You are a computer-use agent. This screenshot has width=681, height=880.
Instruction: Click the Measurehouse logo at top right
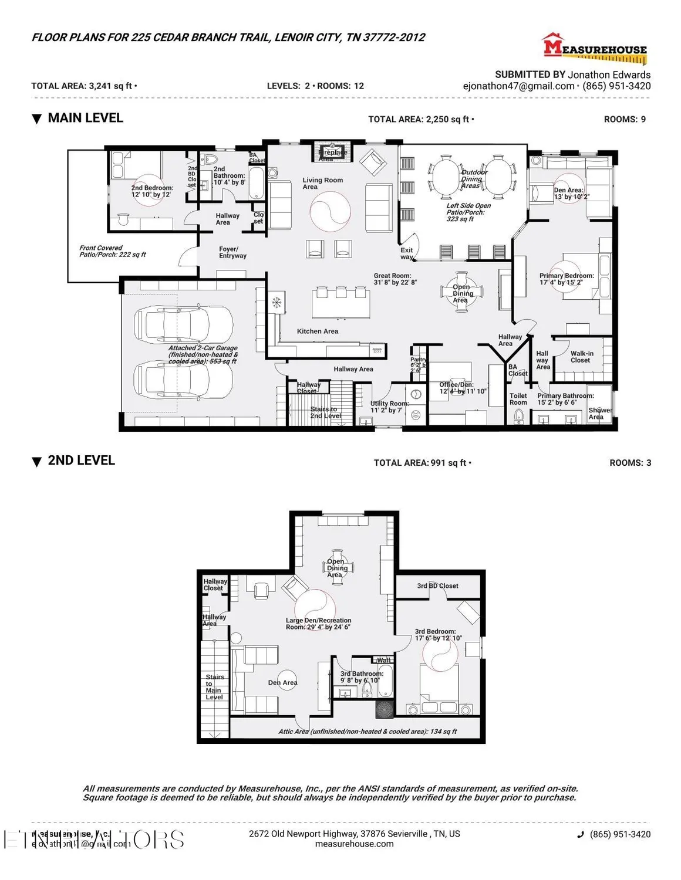click(594, 49)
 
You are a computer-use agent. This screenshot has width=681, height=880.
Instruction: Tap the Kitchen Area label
click(317, 331)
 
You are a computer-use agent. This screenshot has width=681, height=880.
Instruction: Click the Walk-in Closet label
click(581, 357)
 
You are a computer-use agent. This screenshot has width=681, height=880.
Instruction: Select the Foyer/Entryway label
click(232, 252)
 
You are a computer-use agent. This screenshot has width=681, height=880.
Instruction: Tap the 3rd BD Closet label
click(437, 585)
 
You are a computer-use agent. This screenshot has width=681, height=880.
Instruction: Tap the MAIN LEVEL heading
click(85, 118)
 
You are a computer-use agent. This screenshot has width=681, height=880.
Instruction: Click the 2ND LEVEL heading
click(81, 461)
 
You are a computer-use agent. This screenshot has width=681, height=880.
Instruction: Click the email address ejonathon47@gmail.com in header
click(518, 86)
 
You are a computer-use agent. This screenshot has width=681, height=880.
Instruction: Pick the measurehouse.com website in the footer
click(354, 844)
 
